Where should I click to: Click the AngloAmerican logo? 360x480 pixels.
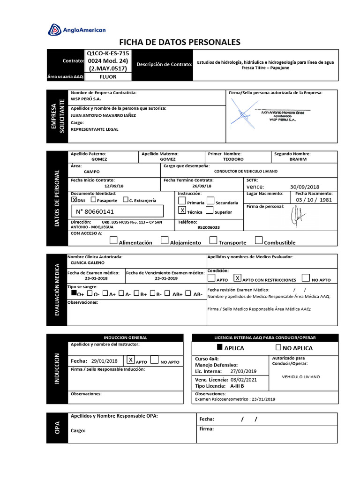(x=77, y=30)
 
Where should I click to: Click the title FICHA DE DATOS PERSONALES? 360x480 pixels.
(x=180, y=42)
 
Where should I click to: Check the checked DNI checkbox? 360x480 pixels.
(x=74, y=199)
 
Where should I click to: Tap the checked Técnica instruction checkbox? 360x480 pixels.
(x=183, y=211)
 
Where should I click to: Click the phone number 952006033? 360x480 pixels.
(x=209, y=227)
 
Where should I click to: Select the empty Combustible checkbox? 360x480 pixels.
(x=259, y=241)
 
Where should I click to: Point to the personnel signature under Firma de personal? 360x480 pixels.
(x=296, y=216)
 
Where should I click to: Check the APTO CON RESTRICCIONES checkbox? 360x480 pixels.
(x=237, y=278)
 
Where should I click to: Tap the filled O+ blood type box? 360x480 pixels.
(x=74, y=293)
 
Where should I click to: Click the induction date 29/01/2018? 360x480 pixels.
(x=105, y=361)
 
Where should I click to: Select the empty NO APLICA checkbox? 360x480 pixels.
(x=278, y=347)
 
